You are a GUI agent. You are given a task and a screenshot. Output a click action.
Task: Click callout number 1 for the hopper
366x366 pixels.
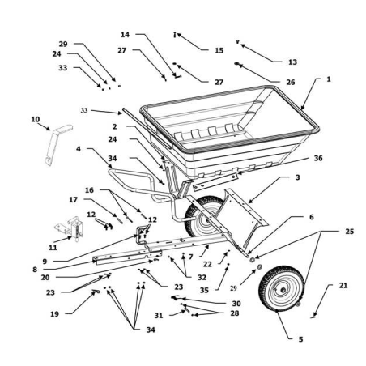pos(329,79)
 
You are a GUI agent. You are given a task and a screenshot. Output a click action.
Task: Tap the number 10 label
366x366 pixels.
pos(35,119)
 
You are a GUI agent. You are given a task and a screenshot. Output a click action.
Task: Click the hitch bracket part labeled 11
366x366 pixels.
pos(69,232)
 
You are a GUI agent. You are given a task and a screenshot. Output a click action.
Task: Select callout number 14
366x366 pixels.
pos(125,36)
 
